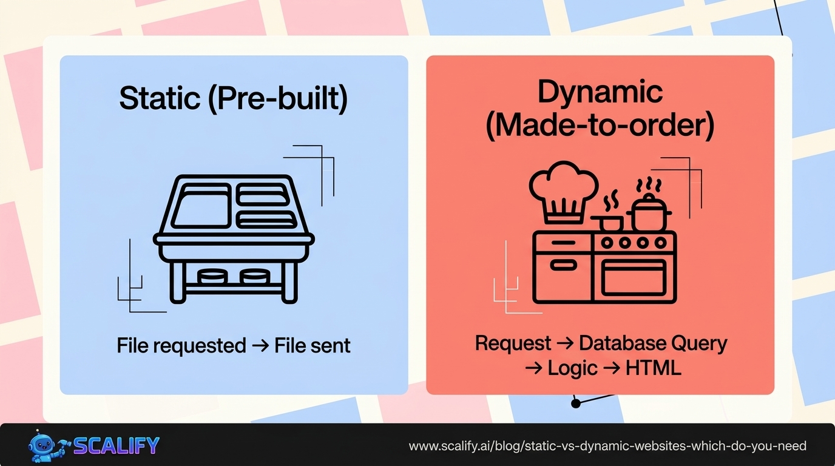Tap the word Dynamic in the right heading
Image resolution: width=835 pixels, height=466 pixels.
(600, 92)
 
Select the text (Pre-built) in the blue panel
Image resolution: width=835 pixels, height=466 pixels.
(277, 99)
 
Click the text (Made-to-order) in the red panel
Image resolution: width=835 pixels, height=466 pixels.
(600, 126)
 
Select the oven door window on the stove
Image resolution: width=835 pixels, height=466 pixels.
(634, 278)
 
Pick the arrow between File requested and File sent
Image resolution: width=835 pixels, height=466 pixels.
(260, 346)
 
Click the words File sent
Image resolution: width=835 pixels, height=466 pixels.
(313, 346)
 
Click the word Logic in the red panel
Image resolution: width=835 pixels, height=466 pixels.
(573, 368)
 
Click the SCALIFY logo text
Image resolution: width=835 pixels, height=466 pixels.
(117, 446)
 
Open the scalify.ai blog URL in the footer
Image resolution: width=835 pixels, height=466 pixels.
(607, 447)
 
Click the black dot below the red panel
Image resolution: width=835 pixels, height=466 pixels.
(575, 403)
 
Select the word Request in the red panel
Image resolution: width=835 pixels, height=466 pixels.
(513, 343)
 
